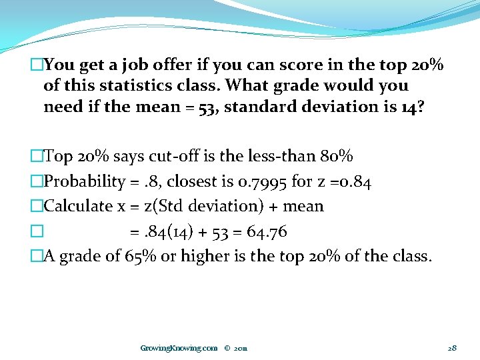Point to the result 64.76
[x=267, y=231]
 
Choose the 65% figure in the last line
[x=139, y=257]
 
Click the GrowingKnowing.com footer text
[x=179, y=348]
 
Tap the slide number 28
[x=451, y=348]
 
